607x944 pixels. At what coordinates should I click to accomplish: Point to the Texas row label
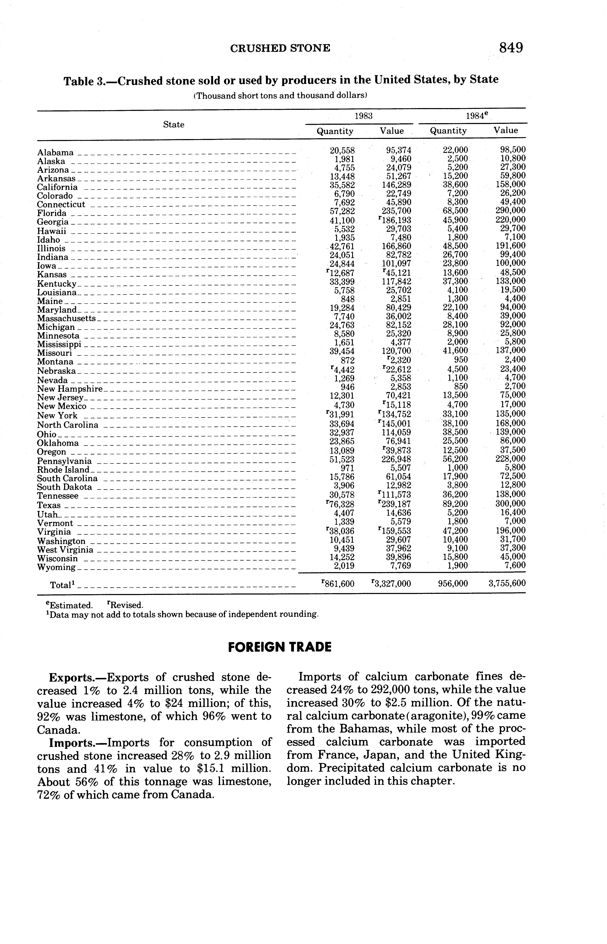pyautogui.click(x=49, y=505)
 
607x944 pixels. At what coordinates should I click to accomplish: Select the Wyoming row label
pyautogui.click(x=56, y=567)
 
